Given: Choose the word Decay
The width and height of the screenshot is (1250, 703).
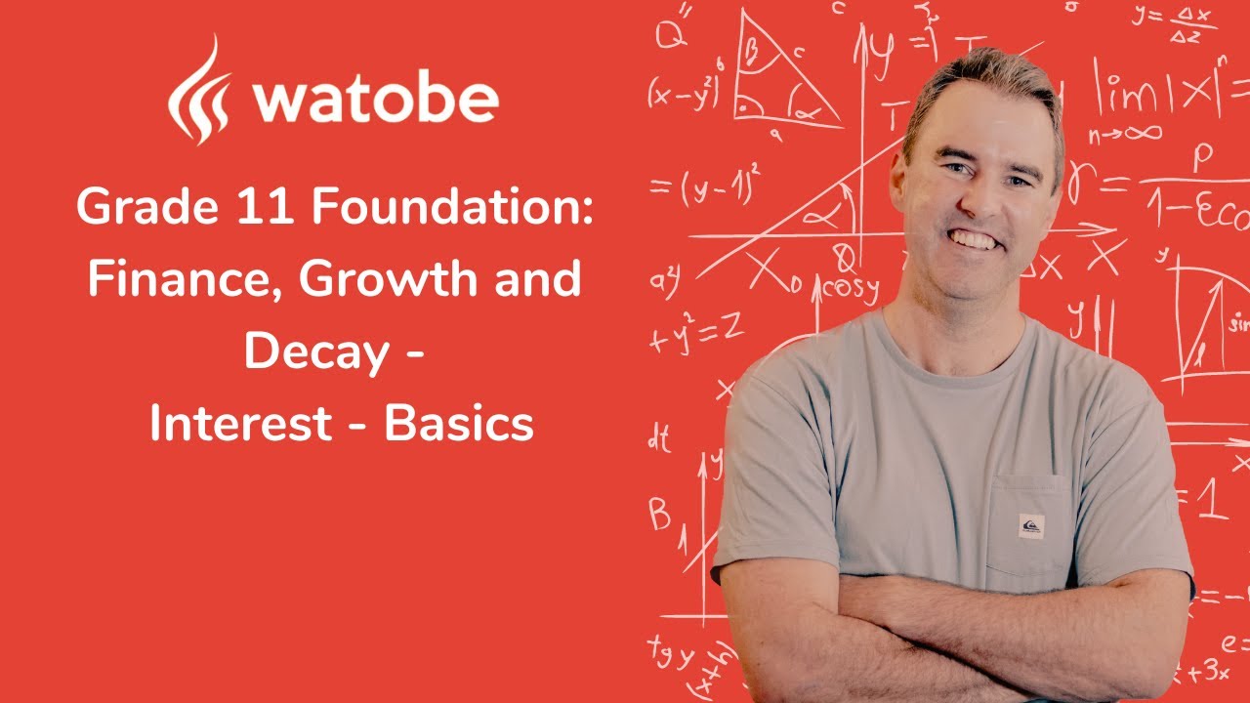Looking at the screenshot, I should click(314, 351).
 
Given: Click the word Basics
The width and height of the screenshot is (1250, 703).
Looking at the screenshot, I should click(458, 424).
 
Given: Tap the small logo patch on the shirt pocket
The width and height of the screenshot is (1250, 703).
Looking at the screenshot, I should click(1030, 525).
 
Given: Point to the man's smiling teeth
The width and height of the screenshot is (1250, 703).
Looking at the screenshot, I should click(975, 237).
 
